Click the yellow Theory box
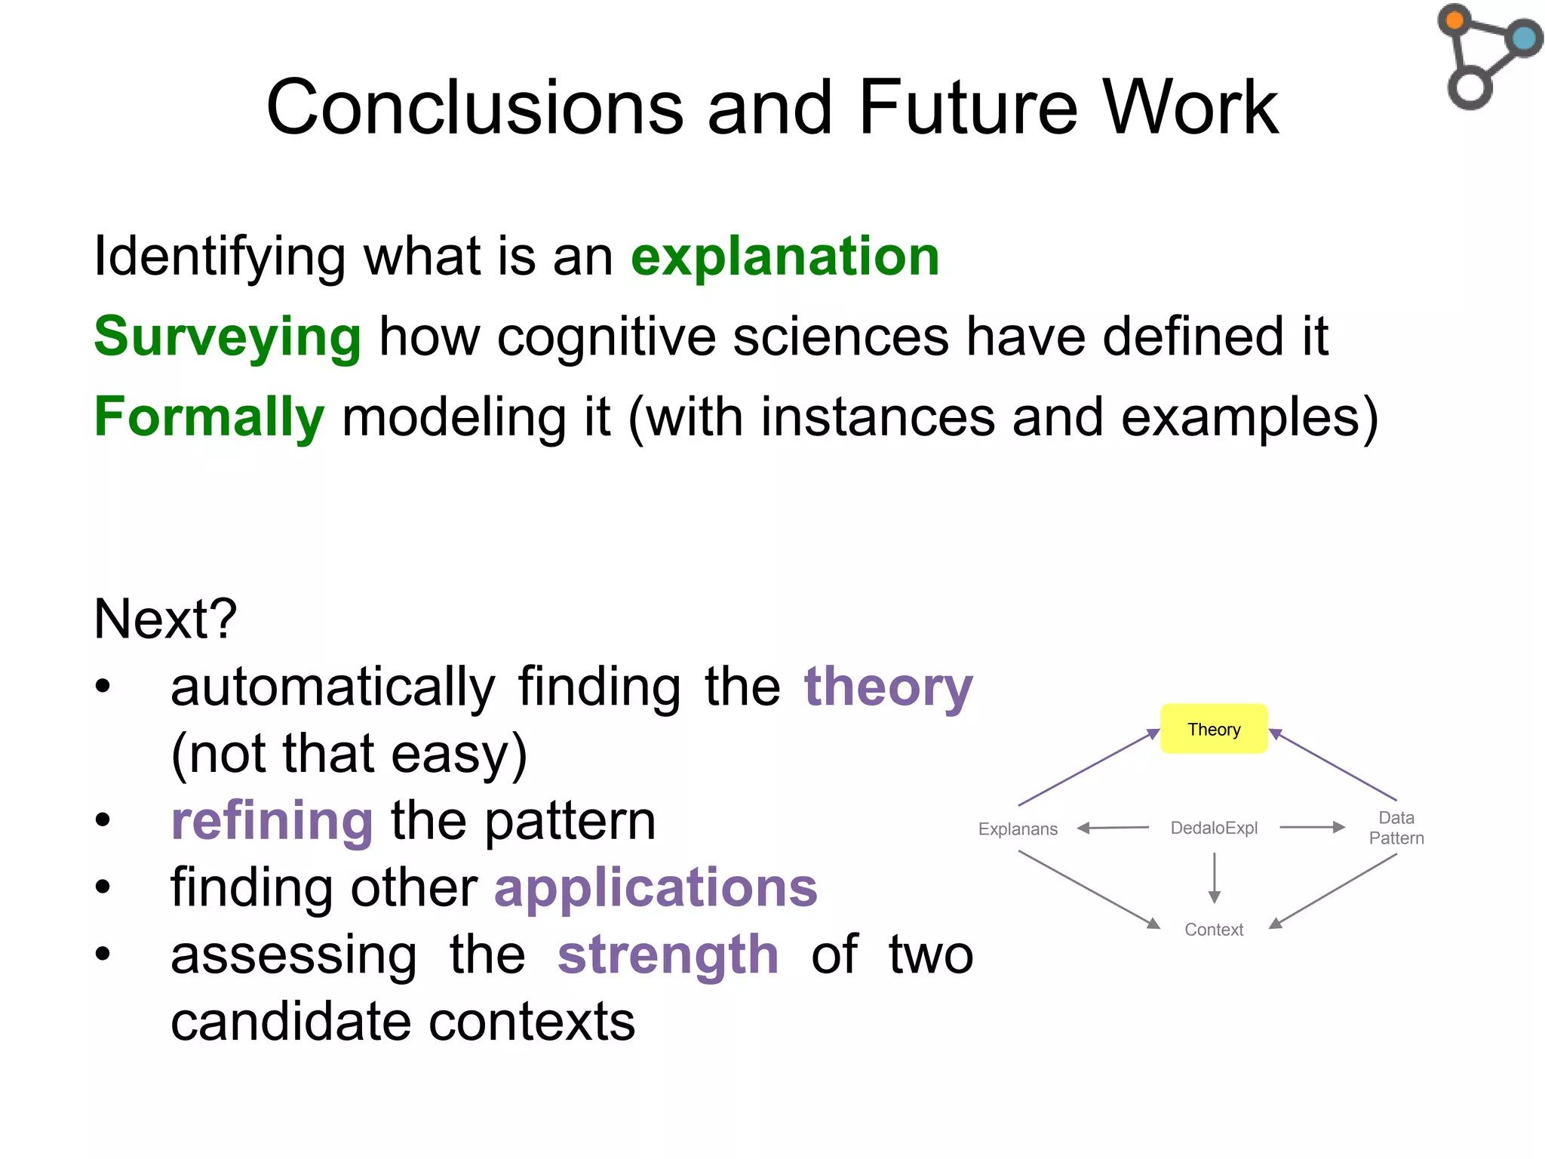pos(1213,729)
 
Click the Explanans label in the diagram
pos(1018,829)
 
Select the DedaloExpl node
pos(1214,828)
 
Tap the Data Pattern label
pos(1396,828)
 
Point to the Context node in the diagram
pos(1213,929)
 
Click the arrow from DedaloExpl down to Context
pos(1214,878)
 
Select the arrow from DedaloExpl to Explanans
pos(1113,828)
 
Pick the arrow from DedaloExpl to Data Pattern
pos(1313,827)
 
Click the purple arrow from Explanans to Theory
pos(1089,767)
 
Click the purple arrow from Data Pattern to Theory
pos(1333,765)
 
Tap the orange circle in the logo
pos(1454,20)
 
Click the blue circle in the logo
pos(1523,38)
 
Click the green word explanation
pos(785,257)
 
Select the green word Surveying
pos(227,337)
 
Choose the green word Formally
pos(209,417)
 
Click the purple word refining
pos(272,821)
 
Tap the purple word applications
pos(656,887)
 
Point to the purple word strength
pos(668,955)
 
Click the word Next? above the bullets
pos(165,619)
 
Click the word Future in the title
pos(969,107)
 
